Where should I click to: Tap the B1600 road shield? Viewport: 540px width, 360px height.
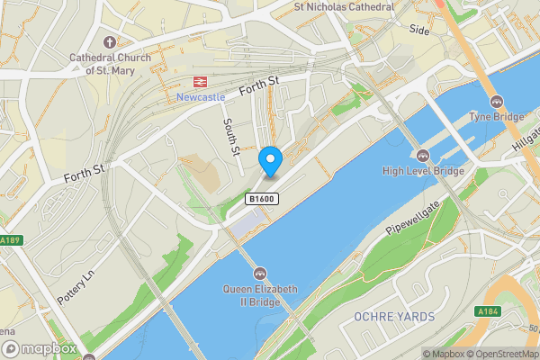(261, 199)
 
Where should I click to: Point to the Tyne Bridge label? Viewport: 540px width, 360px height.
(495, 118)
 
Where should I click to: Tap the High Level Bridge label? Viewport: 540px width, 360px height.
(423, 171)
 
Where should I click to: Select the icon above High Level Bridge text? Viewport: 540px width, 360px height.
(423, 155)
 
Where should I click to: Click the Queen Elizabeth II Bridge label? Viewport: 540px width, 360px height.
(260, 294)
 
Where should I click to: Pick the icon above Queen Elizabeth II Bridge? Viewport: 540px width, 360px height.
(260, 273)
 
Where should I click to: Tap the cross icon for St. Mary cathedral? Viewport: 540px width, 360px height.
(110, 42)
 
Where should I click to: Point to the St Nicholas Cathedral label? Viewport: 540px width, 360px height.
(345, 6)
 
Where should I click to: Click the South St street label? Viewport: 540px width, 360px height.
(231, 137)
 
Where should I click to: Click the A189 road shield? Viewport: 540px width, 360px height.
(10, 240)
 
